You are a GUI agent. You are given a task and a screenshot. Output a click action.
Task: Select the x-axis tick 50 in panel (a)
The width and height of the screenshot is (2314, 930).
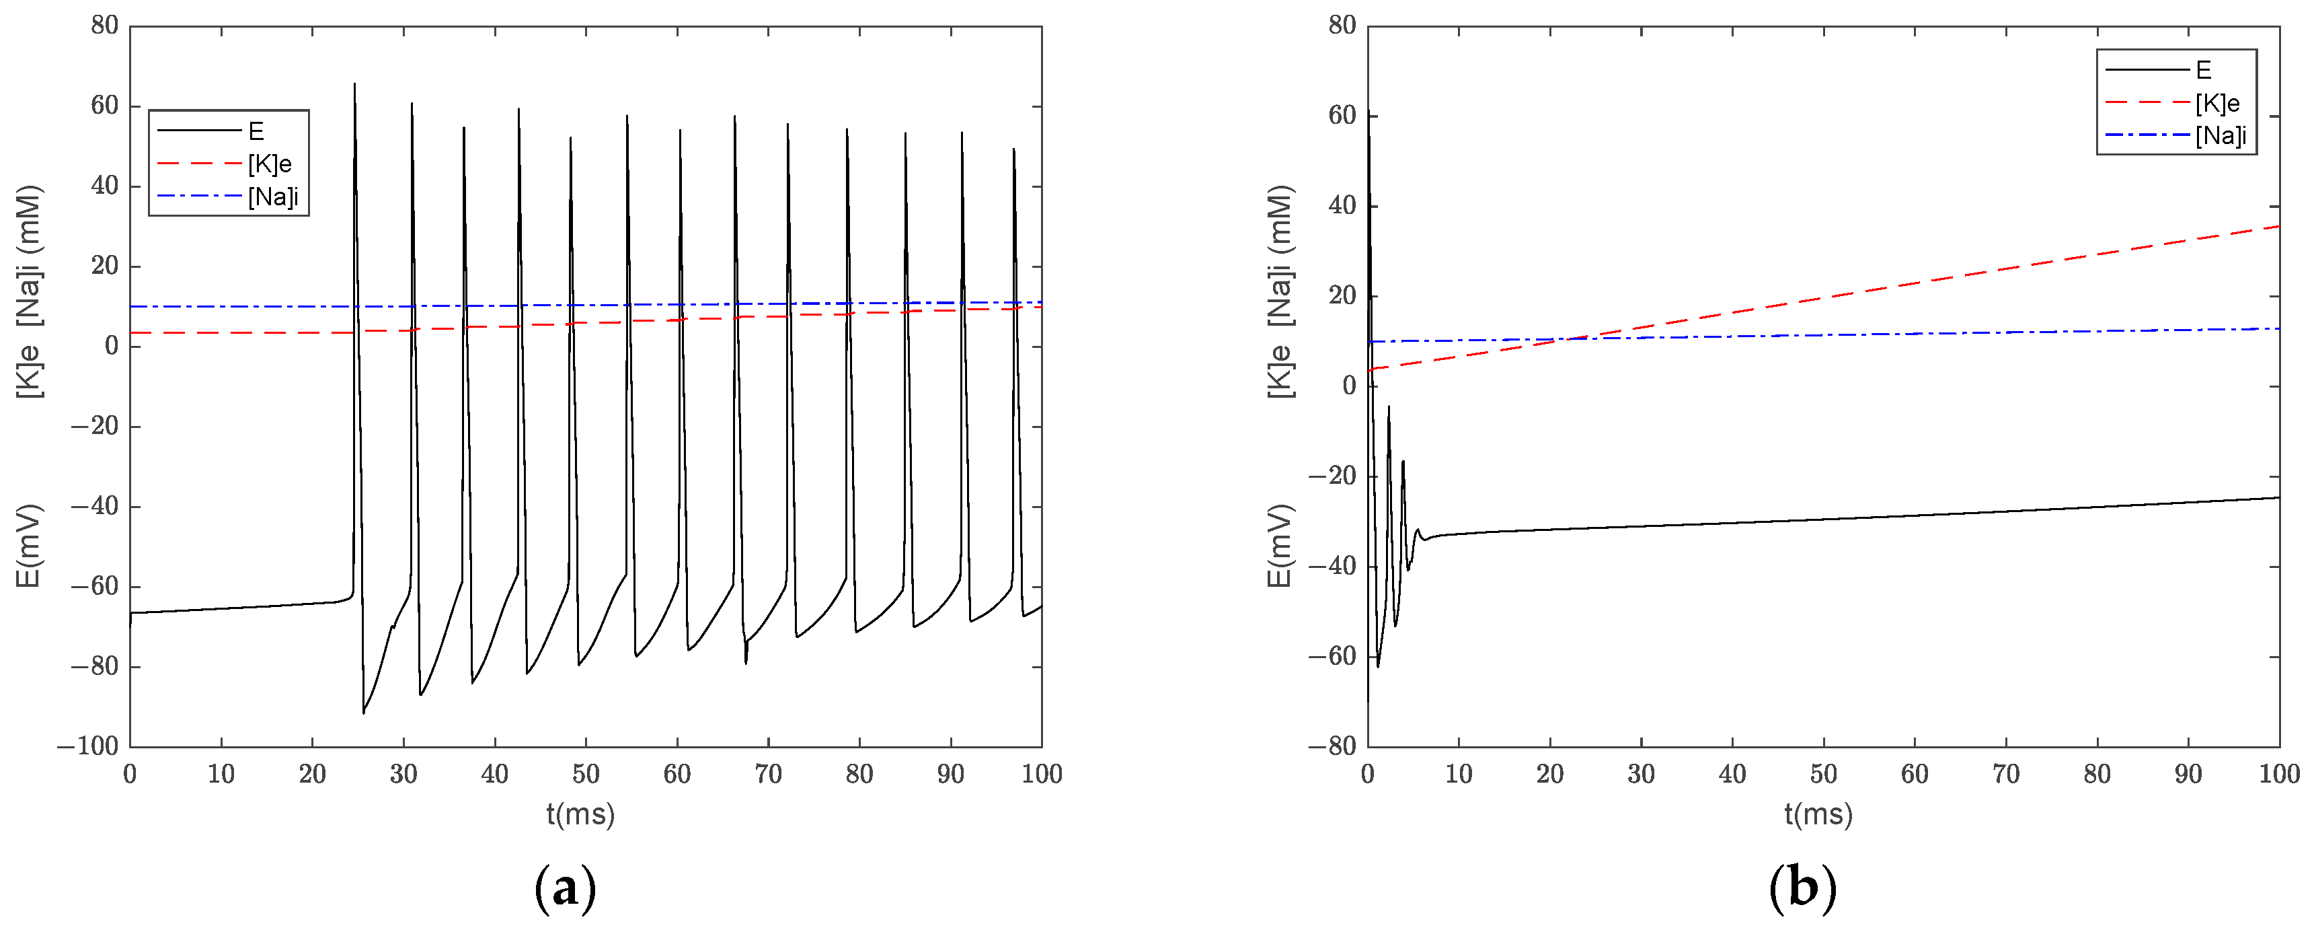tap(586, 774)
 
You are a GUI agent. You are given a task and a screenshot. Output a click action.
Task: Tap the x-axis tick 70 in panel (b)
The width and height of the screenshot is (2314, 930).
tap(2006, 774)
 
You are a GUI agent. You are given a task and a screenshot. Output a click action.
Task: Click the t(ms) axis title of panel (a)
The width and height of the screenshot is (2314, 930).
tap(580, 814)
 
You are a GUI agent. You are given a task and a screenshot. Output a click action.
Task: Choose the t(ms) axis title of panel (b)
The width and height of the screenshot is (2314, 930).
tap(1818, 814)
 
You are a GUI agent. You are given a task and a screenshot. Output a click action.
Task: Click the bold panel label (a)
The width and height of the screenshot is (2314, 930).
tap(565, 888)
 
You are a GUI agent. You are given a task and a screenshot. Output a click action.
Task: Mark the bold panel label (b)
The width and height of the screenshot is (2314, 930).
tap(1802, 888)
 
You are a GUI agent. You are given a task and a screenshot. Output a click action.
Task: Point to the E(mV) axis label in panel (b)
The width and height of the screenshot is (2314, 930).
tap(1279, 546)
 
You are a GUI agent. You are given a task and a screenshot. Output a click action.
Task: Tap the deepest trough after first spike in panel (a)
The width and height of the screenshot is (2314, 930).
tap(364, 713)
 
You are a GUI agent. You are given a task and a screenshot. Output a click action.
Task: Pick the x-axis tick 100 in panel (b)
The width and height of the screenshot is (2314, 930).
tap(2279, 774)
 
